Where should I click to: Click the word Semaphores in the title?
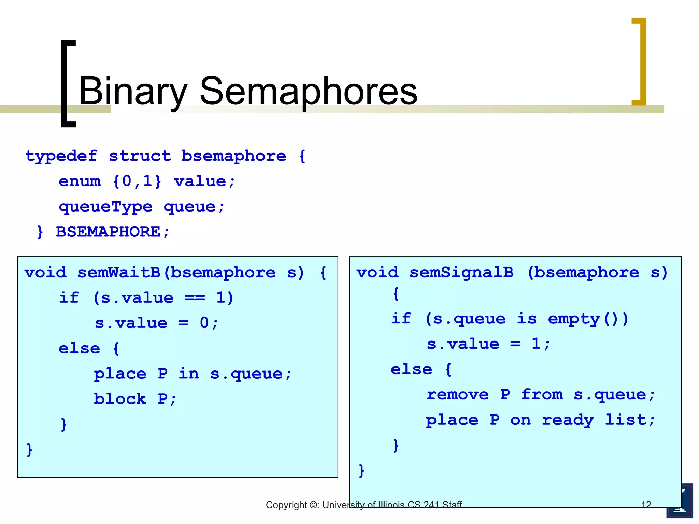pyautogui.click(x=308, y=91)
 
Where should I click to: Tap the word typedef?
pyautogui.click(x=61, y=157)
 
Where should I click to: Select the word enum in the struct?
pyautogui.click(x=80, y=181)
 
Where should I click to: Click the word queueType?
pyautogui.click(x=105, y=207)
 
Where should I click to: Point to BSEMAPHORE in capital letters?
pyautogui.click(x=108, y=232)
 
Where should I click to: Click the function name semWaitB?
pyautogui.click(x=119, y=273)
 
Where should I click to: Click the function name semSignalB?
pyautogui.click(x=461, y=273)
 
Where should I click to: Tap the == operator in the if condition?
pyautogui.click(x=195, y=298)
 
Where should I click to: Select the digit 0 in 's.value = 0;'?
pyautogui.click(x=204, y=323)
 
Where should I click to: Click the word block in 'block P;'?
pyautogui.click(x=120, y=399)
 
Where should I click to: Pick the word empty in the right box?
pyautogui.click(x=574, y=319)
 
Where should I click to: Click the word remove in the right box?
pyautogui.click(x=458, y=395)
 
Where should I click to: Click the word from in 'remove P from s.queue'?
pyautogui.click(x=542, y=395)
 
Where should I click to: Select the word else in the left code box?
pyautogui.click(x=79, y=349)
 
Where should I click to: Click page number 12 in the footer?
pyautogui.click(x=646, y=505)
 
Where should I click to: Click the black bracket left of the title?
pyautogui.click(x=68, y=84)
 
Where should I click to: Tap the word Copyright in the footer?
pyautogui.click(x=286, y=505)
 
